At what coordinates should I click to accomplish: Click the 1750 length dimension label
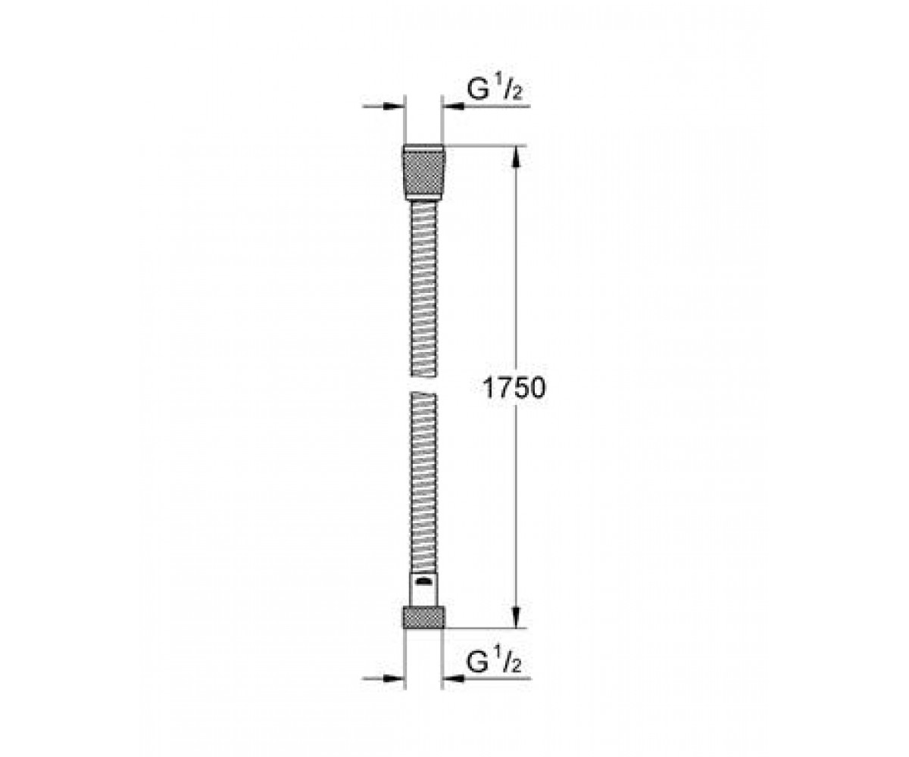point(514,388)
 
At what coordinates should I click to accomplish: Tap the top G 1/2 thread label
point(494,90)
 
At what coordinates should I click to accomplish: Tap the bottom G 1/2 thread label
point(494,662)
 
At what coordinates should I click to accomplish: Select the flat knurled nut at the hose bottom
point(423,618)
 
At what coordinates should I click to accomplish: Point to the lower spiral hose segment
point(423,483)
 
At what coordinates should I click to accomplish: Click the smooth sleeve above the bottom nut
point(423,590)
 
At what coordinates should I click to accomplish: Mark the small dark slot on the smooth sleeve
point(423,581)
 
